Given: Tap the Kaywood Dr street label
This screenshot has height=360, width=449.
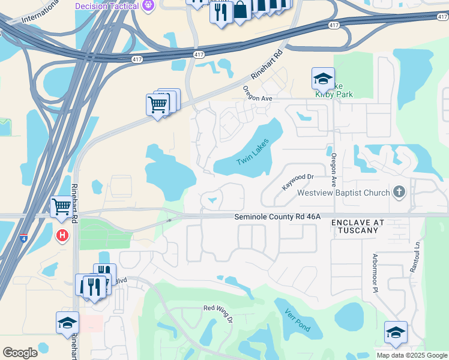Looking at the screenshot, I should pos(298,182).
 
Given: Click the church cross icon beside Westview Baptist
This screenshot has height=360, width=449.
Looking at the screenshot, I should pos(398,193).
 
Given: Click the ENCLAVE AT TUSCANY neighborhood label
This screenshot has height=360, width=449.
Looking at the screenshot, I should pos(358,226).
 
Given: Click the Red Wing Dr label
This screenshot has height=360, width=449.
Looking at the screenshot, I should pos(217,311).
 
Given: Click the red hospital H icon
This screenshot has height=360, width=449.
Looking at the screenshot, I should pos(61,235).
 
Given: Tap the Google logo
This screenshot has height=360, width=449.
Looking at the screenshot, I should pos(20,353).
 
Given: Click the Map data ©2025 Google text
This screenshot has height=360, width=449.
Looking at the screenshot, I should pos(412,355).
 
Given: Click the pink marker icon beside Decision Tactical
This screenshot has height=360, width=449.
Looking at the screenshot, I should pos(149,5).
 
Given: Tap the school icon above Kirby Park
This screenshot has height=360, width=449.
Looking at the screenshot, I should pos(322,79).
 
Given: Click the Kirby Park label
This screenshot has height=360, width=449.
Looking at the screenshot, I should pos(334,94).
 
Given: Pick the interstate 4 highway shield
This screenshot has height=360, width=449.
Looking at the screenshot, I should pos(23,238).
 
